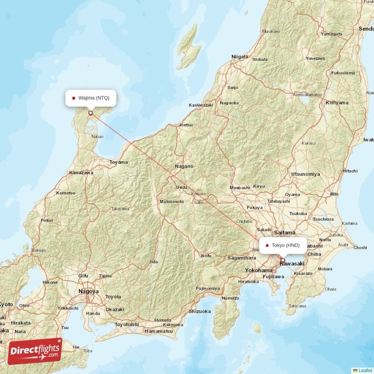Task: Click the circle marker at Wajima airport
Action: coord(90,113)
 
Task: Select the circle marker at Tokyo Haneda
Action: coord(282,260)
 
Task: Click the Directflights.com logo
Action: coord(35,351)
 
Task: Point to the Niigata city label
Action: coord(240,57)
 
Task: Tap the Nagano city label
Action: coord(184,166)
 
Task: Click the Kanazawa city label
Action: coord(81,173)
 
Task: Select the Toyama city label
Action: coord(119,162)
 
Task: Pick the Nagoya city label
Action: coord(88,291)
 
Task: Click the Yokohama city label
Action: coord(259,270)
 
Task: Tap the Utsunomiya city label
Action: coord(305,174)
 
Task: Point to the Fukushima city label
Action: coord(343,73)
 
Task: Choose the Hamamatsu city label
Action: coord(159,331)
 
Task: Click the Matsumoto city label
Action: coord(172,201)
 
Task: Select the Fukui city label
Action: coord(47,220)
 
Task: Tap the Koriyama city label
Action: coord(337,102)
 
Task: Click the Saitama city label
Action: coord(285,232)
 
